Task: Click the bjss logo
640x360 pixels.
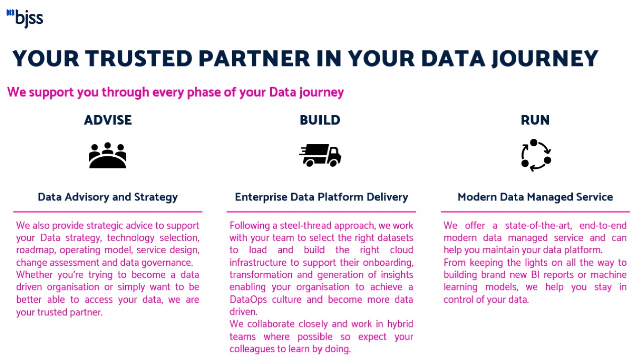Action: click(x=25, y=19)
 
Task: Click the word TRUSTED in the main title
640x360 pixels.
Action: click(x=139, y=59)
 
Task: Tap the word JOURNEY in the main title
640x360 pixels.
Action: click(x=545, y=59)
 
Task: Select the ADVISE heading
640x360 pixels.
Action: click(x=108, y=120)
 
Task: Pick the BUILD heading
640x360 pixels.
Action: click(x=320, y=120)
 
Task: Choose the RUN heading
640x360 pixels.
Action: click(x=535, y=120)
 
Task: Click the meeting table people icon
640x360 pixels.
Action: click(x=107, y=155)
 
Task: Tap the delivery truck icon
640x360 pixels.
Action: click(x=320, y=155)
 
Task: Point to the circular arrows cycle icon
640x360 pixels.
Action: click(x=536, y=155)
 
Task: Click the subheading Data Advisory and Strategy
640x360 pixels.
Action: click(x=108, y=197)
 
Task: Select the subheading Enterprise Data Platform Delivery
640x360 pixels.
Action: click(x=321, y=197)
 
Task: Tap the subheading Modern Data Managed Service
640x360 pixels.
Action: click(x=535, y=197)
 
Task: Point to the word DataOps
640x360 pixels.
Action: click(x=248, y=300)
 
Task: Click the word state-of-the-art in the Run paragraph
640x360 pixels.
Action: click(x=538, y=226)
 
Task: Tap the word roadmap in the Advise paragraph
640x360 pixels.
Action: click(x=36, y=250)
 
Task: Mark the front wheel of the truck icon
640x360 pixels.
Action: click(x=333, y=163)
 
